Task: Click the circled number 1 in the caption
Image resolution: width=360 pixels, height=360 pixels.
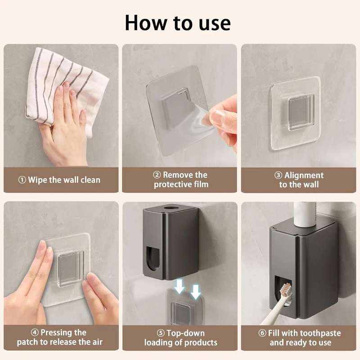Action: tap(22, 180)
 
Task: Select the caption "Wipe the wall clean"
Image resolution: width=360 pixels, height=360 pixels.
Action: tap(64, 180)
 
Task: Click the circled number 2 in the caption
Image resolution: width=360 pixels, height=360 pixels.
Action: tap(157, 175)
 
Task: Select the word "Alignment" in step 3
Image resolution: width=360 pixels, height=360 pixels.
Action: tap(304, 175)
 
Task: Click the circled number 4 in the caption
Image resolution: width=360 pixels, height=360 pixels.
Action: tap(34, 333)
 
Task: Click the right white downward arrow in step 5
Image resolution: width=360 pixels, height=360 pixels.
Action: tap(195, 291)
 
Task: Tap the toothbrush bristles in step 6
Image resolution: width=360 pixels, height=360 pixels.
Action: tap(285, 288)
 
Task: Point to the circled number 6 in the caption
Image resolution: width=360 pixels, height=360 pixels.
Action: tap(262, 333)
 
